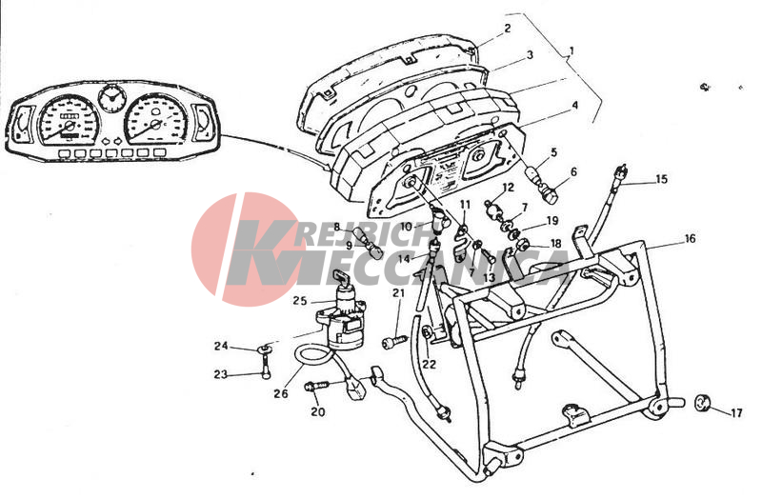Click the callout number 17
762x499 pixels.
click(x=736, y=413)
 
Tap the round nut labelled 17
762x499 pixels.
click(x=702, y=403)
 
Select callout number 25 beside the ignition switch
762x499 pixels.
click(x=300, y=301)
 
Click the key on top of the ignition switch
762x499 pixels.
click(x=341, y=278)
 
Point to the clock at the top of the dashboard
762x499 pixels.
click(x=111, y=99)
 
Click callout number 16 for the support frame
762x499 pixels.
click(x=690, y=239)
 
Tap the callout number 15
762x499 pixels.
click(x=661, y=179)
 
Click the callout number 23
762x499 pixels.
click(x=220, y=375)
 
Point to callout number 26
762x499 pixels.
click(x=280, y=393)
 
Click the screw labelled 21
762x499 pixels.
click(x=395, y=341)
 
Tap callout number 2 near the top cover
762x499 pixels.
click(x=508, y=29)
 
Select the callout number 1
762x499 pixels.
click(x=571, y=50)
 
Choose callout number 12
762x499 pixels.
click(x=508, y=187)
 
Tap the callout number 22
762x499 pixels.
click(x=429, y=364)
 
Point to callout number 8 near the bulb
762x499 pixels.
click(x=336, y=226)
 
